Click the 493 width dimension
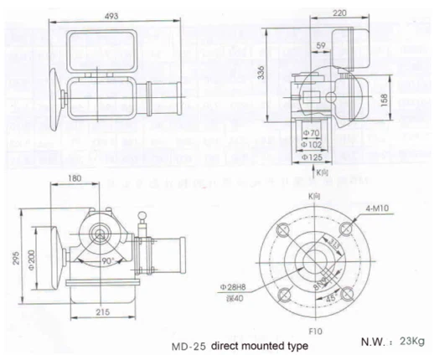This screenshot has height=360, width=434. point(111,14)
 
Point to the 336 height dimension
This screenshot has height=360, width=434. point(261,75)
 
